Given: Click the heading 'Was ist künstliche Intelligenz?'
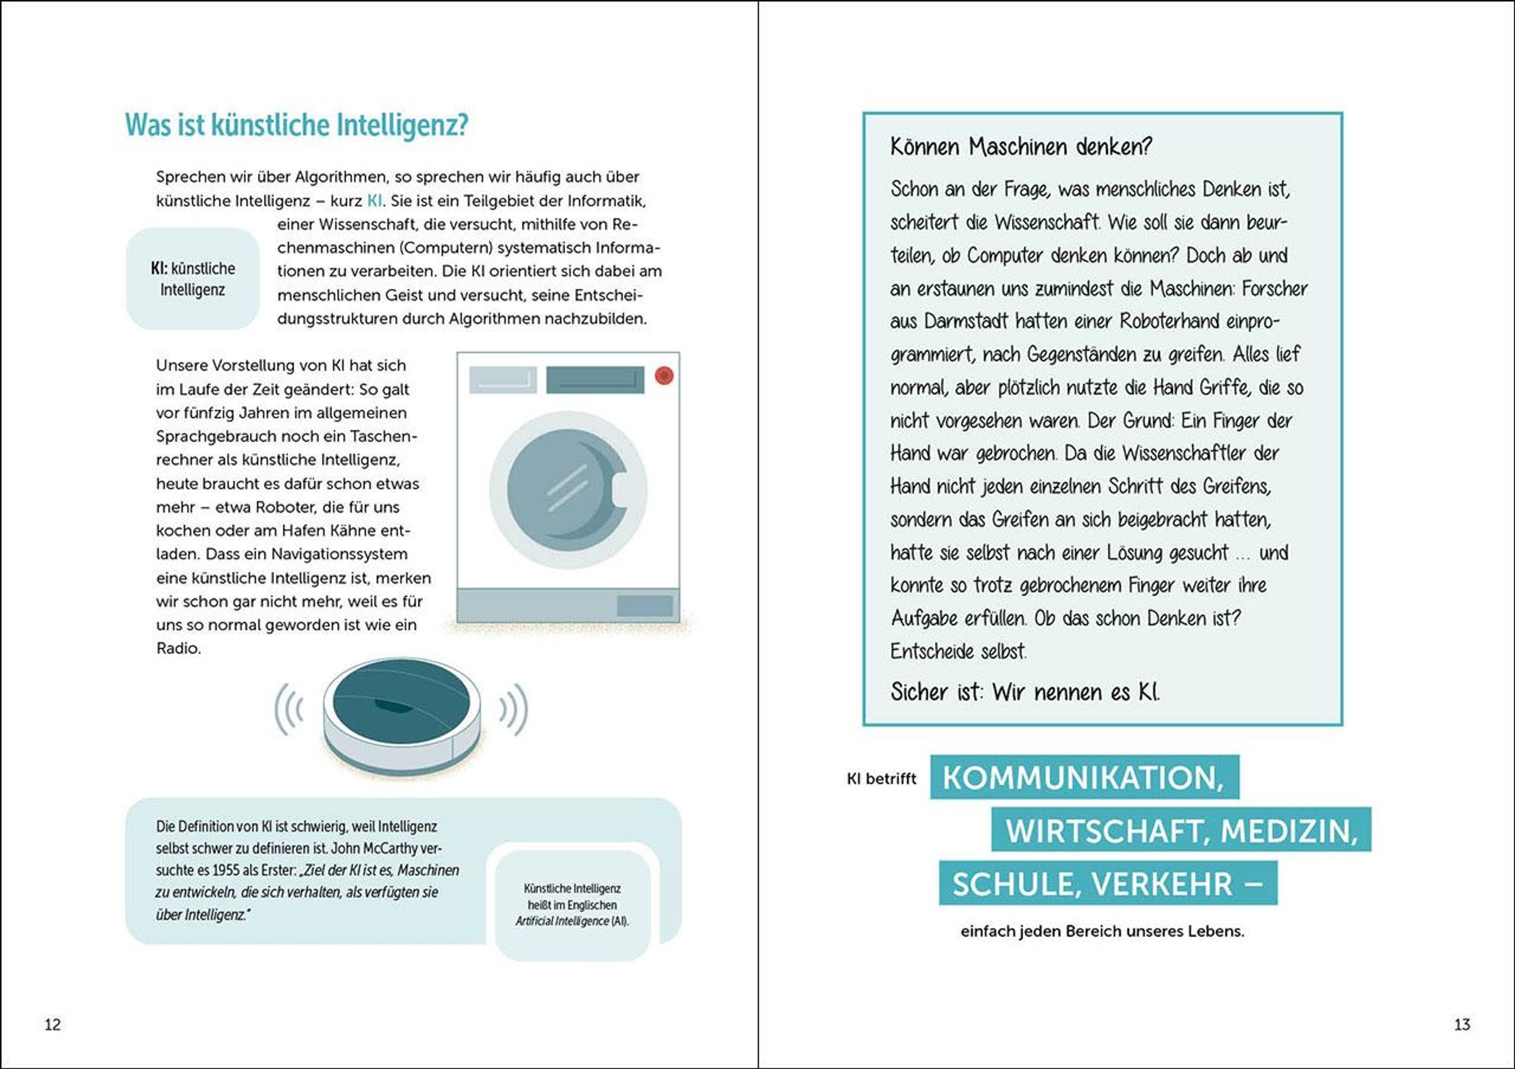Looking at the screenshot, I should (x=296, y=125).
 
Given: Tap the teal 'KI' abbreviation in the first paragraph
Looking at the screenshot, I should (x=374, y=201).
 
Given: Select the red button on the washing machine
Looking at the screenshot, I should (x=664, y=376).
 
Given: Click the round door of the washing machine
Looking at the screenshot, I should (x=567, y=489).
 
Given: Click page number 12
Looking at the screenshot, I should (x=52, y=1024).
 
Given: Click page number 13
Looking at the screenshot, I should (x=1462, y=1024).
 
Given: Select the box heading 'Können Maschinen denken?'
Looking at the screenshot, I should (x=1020, y=146).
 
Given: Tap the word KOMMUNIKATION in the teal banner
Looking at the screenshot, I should (x=1082, y=778).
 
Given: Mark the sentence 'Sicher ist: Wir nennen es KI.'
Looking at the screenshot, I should (x=1025, y=692).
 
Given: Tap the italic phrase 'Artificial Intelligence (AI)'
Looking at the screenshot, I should (x=571, y=921).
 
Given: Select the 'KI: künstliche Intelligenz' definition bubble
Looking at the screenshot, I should (x=193, y=278).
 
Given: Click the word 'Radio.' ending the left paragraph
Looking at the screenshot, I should (x=178, y=648).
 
